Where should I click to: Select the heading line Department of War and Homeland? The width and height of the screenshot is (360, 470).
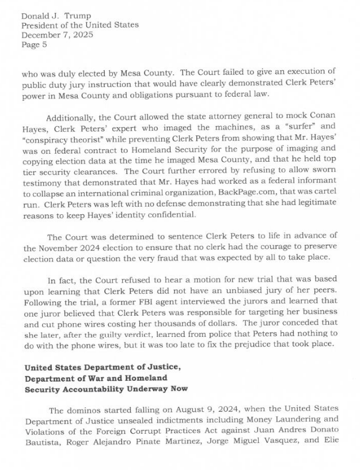coord(96,378)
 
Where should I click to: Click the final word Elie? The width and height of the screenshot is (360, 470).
coord(328,444)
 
